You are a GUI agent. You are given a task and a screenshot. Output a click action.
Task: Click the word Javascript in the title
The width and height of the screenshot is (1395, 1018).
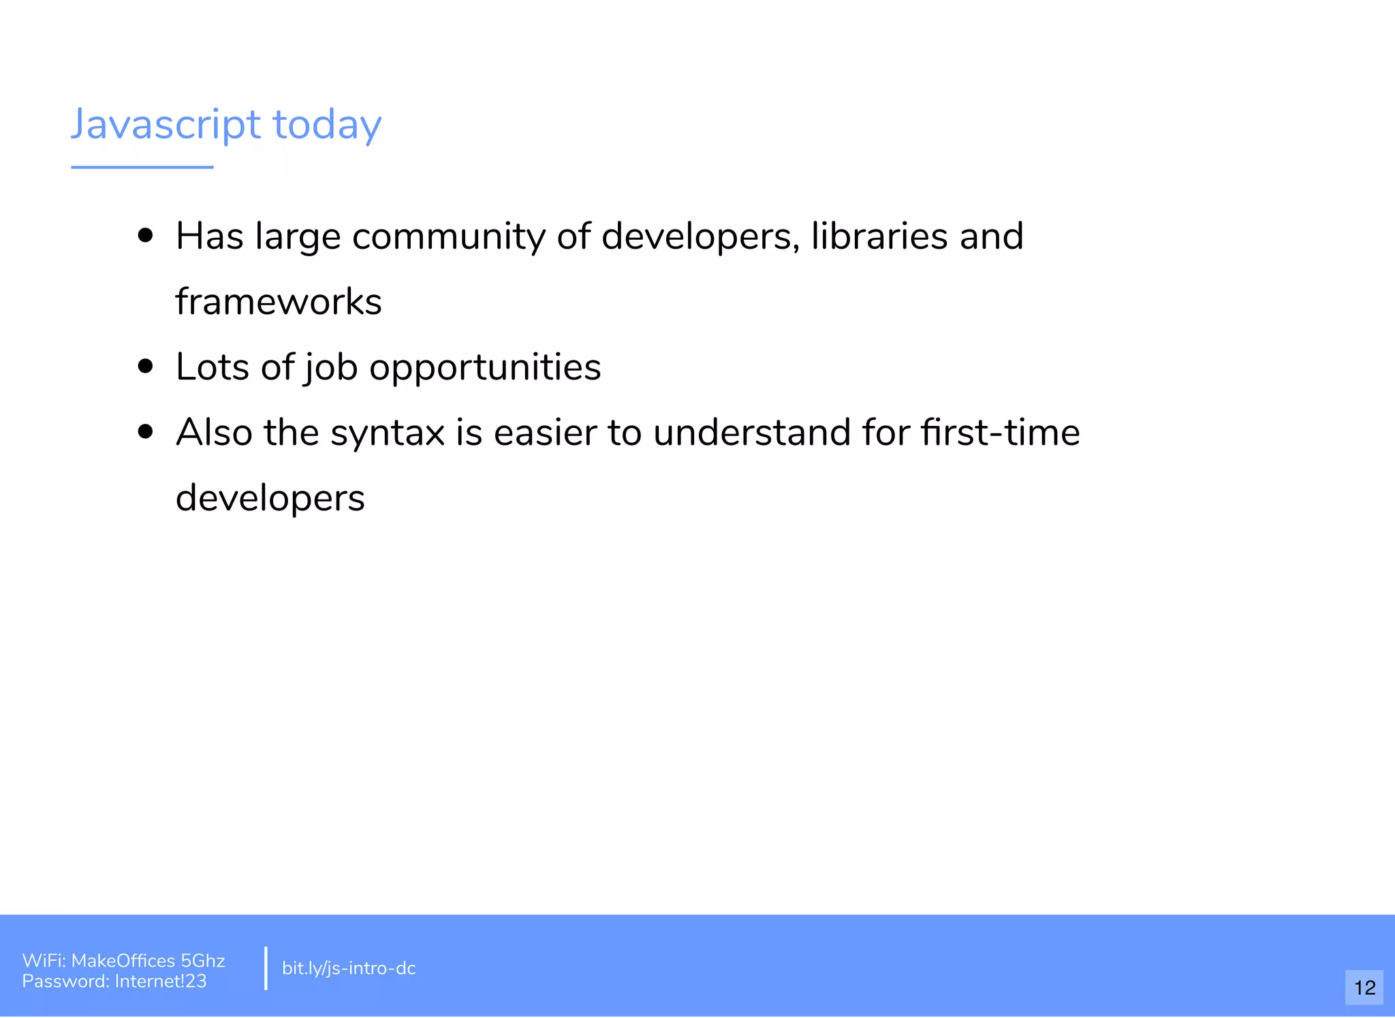click(x=166, y=125)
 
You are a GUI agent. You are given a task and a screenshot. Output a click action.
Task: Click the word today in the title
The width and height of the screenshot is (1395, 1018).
click(x=327, y=125)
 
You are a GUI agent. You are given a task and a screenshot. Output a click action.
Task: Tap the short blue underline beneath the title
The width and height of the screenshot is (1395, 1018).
click(x=142, y=167)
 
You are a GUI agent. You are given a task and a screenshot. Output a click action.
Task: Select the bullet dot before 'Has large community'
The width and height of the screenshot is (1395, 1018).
click(x=145, y=236)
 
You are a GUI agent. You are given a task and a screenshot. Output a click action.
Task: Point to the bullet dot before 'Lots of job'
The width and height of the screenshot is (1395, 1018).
click(x=145, y=367)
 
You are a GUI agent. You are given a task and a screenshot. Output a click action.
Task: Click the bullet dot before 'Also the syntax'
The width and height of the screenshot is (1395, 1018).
click(x=145, y=432)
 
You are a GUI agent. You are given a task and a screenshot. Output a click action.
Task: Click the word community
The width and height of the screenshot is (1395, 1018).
click(x=448, y=237)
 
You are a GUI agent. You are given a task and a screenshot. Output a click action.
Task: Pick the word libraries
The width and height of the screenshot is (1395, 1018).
click(x=879, y=236)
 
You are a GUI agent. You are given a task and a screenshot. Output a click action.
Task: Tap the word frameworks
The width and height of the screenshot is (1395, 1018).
click(x=279, y=301)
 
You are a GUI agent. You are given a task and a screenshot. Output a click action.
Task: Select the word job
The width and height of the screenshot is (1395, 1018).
click(x=331, y=368)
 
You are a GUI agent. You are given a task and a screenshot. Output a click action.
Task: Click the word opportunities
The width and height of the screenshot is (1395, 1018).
click(x=485, y=368)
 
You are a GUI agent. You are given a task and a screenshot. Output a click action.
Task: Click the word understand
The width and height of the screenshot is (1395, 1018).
click(x=752, y=433)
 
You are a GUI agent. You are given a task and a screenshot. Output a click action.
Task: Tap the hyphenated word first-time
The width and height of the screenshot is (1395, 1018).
click(x=1000, y=433)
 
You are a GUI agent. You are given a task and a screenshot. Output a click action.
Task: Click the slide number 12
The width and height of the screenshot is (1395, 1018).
click(x=1364, y=987)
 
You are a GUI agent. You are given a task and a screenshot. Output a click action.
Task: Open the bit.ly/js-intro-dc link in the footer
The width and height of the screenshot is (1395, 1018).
click(x=349, y=968)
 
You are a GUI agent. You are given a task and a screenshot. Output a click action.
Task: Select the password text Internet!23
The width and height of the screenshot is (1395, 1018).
click(x=161, y=981)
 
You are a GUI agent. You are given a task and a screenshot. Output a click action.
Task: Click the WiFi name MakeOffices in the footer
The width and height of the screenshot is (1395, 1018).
click(x=123, y=961)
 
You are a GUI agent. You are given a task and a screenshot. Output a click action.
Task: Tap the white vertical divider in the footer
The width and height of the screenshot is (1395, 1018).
click(x=266, y=968)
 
